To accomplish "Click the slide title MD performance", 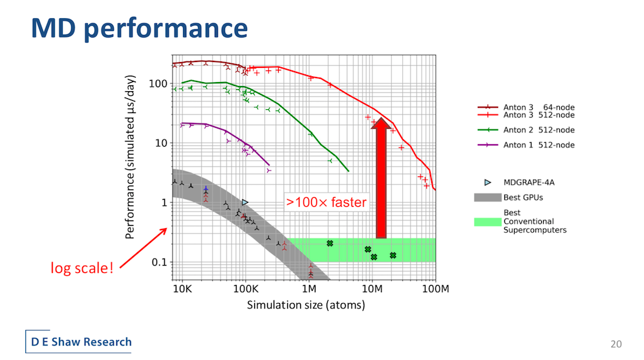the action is pos(139,28).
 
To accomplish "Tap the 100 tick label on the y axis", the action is pos(158,84).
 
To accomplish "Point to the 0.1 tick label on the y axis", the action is pos(160,262).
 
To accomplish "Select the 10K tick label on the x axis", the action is pos(182,289).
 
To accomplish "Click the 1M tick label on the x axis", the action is pos(309,289).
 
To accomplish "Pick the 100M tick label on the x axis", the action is pos(435,289).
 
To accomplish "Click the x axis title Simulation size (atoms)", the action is pos(306,305).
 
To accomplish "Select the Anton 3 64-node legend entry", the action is pos(526,107).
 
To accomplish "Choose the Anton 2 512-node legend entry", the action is pos(526,130).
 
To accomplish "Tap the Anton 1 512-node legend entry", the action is pos(526,145).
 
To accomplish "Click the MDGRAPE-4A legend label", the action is pos(529,183).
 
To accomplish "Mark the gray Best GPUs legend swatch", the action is pos(488,197).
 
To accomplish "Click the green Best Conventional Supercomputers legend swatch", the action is pos(488,222).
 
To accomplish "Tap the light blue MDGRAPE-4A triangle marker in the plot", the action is pos(245,202).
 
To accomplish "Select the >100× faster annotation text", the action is pos(326,202).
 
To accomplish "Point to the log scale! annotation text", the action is pos(81,268).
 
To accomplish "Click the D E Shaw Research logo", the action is pos(78,341).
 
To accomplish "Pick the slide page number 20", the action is pos(616,344).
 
